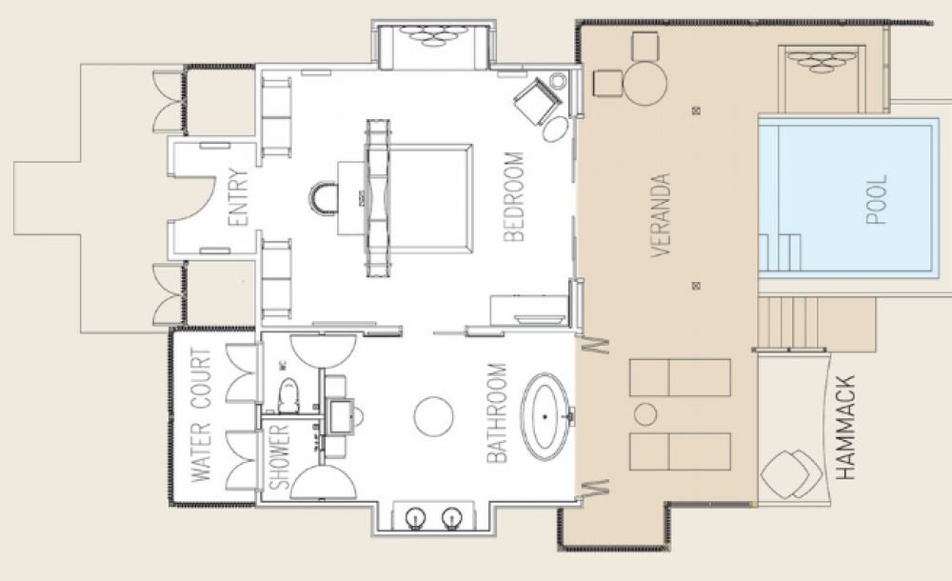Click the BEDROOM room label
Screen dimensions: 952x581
[x=514, y=197]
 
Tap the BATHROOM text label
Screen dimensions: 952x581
[x=497, y=413]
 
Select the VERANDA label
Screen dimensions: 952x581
[x=661, y=215]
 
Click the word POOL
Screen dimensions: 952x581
[x=877, y=199]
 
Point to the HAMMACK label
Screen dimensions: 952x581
[x=845, y=428]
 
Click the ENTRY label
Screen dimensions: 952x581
[x=239, y=197]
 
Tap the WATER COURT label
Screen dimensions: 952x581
[x=201, y=415]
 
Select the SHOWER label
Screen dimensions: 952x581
[x=279, y=457]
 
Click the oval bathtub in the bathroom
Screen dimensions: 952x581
[x=545, y=416]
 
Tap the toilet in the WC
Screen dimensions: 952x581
[x=288, y=395]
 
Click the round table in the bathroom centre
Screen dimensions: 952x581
[x=433, y=416]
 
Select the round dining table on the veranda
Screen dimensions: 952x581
[x=645, y=83]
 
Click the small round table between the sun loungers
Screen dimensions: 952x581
[x=645, y=414]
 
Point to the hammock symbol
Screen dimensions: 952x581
[x=791, y=474]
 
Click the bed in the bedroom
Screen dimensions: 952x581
[x=419, y=199]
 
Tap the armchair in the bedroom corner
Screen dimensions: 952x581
[x=538, y=102]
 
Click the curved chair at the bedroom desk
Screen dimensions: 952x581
[x=324, y=198]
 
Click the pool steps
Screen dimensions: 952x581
[x=780, y=252]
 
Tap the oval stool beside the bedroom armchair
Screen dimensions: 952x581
[x=556, y=130]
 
